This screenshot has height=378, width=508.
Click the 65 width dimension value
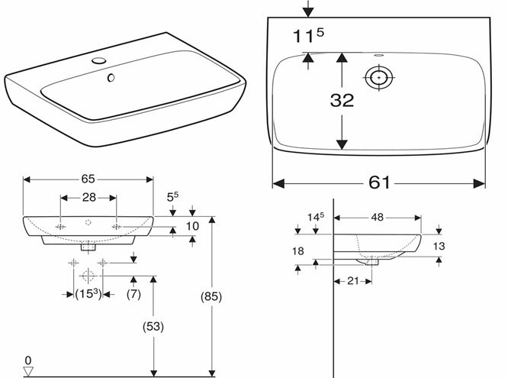tap(88, 179)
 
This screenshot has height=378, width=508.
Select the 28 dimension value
tap(88, 197)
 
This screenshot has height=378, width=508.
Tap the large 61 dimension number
tap(379, 183)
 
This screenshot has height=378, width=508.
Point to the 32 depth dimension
tap(342, 100)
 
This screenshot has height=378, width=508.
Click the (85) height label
tap(211, 296)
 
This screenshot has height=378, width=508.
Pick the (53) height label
tap(153, 326)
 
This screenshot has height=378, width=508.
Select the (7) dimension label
tap(133, 294)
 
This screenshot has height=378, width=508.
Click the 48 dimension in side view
tap(377, 217)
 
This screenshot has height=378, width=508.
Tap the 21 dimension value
tap(353, 281)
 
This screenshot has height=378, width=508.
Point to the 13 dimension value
tap(439, 246)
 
